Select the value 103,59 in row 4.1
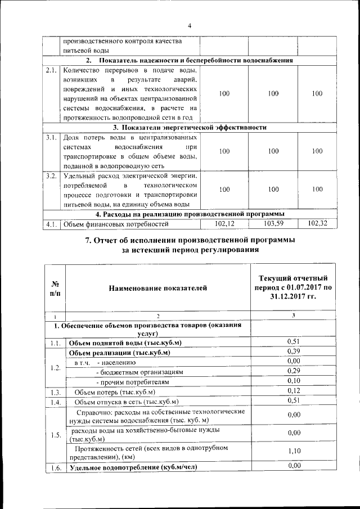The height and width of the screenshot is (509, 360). click(x=273, y=224)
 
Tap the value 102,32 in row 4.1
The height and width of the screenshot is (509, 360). click(x=317, y=224)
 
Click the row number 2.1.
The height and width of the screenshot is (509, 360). click(x=51, y=71)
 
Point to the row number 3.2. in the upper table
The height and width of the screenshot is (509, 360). click(x=51, y=176)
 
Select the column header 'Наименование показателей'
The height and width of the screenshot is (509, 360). click(x=157, y=288)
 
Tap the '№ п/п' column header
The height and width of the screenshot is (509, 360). click(x=55, y=288)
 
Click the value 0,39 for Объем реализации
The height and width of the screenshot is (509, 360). click(x=292, y=352)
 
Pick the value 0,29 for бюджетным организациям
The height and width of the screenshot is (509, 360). click(x=292, y=372)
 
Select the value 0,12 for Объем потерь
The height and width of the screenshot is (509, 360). click(x=292, y=391)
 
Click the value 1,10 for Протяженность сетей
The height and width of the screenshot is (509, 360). click(x=292, y=451)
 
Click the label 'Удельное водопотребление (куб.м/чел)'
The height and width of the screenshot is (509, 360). click(x=132, y=467)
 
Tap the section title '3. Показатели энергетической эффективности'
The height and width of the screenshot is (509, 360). click(x=189, y=128)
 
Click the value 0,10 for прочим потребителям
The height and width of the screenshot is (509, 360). click(x=292, y=381)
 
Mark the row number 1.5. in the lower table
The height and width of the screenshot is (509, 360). click(x=55, y=435)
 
